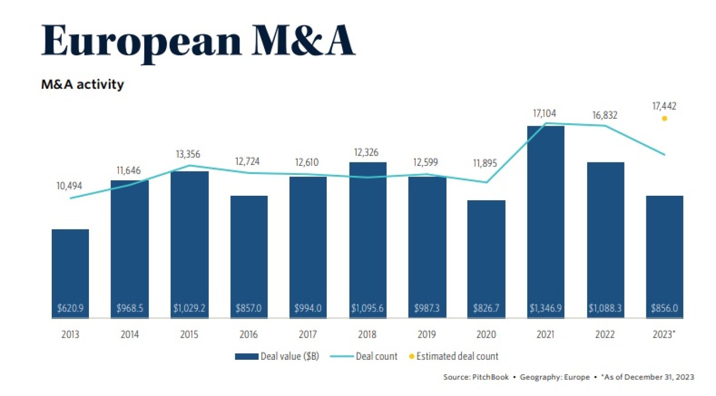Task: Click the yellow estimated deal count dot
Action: (664, 118)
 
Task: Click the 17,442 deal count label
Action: (665, 106)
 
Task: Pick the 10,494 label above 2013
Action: (70, 186)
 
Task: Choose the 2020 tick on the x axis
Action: (486, 334)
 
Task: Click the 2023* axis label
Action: (665, 334)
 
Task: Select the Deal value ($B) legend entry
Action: (276, 356)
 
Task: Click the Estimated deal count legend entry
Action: (453, 356)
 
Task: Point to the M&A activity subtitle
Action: (83, 85)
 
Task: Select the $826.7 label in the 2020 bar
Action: (486, 308)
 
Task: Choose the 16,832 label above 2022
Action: (605, 115)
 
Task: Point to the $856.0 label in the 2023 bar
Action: (665, 308)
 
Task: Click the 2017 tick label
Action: (308, 334)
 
